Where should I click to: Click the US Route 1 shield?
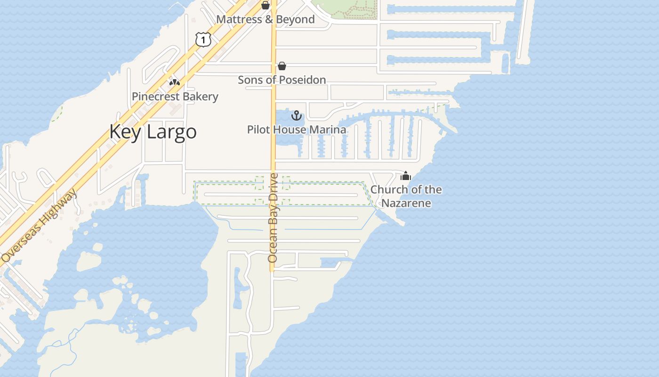[203, 40]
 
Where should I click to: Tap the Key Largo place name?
[153, 131]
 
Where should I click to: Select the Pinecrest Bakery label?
[175, 97]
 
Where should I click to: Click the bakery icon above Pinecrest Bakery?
[175, 82]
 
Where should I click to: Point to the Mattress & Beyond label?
[265, 19]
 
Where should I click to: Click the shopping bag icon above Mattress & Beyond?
[265, 5]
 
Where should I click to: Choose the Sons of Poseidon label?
[282, 80]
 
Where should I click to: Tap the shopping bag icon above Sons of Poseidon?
[282, 66]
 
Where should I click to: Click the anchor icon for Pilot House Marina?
[297, 115]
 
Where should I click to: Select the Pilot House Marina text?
[297, 130]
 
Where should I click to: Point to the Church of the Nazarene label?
[406, 196]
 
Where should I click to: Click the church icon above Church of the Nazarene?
[406, 176]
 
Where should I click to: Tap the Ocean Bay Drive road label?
[273, 218]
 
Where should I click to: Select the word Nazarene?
[406, 203]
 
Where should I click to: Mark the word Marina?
[328, 130]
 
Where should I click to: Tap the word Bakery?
[201, 97]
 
